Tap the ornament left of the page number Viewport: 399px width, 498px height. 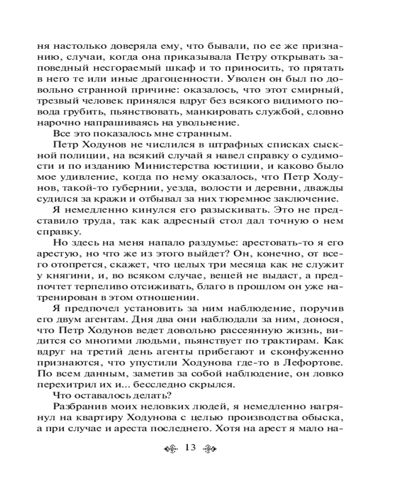click(x=172, y=448)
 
